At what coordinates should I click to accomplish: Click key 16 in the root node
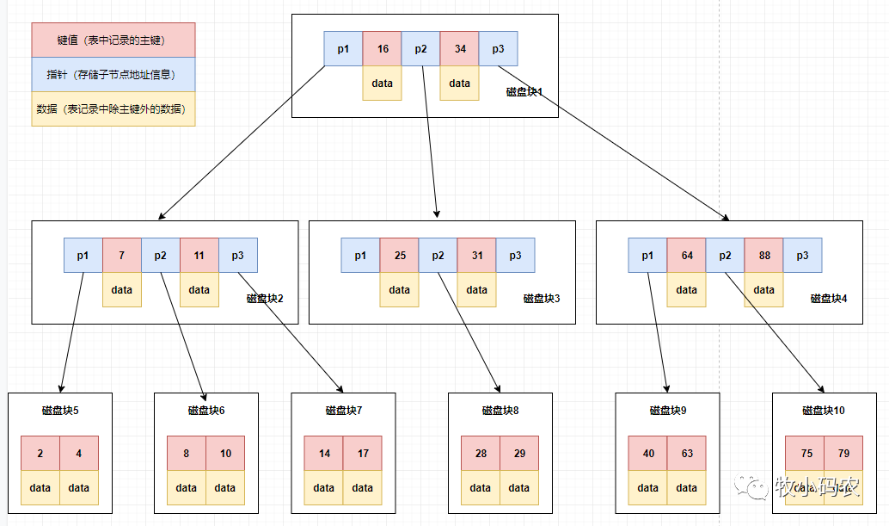[383, 49]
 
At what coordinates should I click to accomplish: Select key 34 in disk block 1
[460, 49]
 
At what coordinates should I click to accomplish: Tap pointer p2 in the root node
[421, 49]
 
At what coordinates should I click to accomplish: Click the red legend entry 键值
[113, 40]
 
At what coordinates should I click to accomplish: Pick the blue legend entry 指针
[113, 75]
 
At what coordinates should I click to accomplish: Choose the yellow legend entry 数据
[113, 109]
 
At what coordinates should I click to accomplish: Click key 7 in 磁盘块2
[122, 256]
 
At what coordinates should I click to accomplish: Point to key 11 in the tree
[199, 256]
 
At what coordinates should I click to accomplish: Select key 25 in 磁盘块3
[400, 256]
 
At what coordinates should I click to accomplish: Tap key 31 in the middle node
[477, 256]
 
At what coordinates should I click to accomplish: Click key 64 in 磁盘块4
[687, 256]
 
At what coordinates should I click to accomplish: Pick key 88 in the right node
[764, 256]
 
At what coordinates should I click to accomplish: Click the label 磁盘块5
[60, 411]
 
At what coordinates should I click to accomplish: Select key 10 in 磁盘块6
[225, 454]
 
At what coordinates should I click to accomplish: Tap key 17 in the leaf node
[363, 454]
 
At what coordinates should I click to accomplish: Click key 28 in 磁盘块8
[481, 454]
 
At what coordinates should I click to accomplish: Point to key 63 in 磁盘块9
[686, 454]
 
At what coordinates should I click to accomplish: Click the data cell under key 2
[40, 488]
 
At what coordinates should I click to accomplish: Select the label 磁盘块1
[524, 92]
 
